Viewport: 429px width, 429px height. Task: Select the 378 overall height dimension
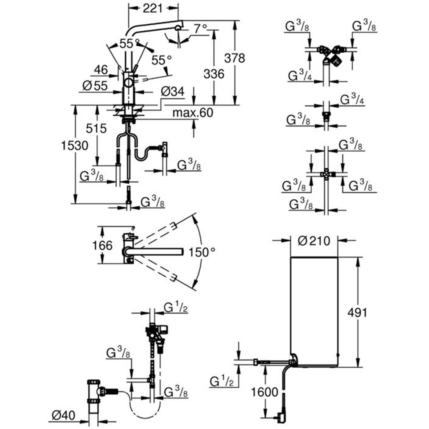point(235,58)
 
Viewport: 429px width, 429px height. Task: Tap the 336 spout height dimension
point(214,74)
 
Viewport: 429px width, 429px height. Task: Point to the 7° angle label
point(200,29)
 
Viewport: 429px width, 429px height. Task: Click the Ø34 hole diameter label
point(172,92)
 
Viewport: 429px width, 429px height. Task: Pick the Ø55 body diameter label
point(95,86)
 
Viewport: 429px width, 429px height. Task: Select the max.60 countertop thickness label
point(193,113)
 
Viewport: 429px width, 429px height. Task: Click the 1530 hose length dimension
point(75,146)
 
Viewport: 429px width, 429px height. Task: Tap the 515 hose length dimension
point(96,128)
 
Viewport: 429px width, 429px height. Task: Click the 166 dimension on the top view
point(102,245)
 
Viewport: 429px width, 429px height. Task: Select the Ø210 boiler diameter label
point(314,241)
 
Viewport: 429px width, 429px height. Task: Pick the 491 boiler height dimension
point(357,312)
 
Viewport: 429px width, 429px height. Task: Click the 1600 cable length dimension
point(265,392)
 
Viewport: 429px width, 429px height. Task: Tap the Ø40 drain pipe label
point(63,415)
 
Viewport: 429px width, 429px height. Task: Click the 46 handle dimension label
point(101,69)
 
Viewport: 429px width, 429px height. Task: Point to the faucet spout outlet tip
point(178,28)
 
